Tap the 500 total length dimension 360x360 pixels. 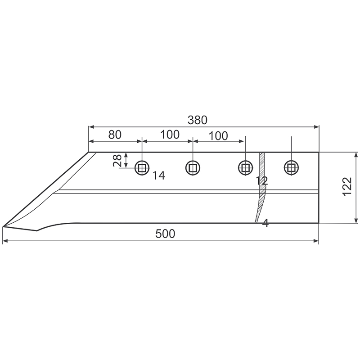pos(165,234)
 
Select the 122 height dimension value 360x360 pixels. pos(346,186)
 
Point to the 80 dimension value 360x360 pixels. pos(115,134)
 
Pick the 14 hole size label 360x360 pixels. pos(158,176)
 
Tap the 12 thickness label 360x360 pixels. pos(261,181)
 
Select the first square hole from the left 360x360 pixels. pos(142,168)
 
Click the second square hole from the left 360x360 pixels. pos(193,168)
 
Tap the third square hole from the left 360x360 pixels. pos(245,168)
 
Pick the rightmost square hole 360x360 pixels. pos(291,168)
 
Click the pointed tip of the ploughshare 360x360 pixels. pos(4,226)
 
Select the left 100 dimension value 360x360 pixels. pos(169,134)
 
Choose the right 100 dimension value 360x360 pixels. pos(218,135)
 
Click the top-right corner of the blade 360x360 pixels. pos(319,152)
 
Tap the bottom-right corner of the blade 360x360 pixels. pos(319,222)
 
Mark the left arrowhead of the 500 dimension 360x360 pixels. pos(5,242)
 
